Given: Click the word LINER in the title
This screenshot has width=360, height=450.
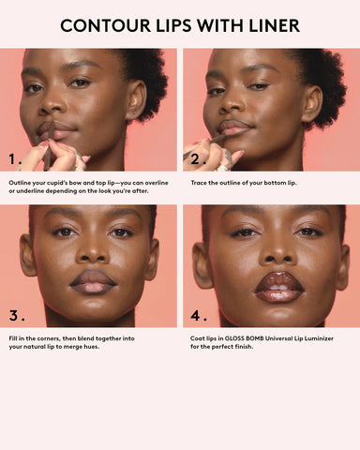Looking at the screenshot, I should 270,25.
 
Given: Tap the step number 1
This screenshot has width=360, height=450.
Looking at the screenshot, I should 16,158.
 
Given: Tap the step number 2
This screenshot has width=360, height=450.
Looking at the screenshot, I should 198,158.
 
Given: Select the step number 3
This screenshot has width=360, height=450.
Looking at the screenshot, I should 16,314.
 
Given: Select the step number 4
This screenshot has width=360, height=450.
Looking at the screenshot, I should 197,314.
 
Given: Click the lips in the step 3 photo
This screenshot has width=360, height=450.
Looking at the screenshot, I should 93,279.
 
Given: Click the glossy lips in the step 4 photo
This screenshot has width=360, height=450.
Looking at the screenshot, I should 271,280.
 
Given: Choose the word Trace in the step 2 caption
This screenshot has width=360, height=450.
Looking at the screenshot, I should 199,183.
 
